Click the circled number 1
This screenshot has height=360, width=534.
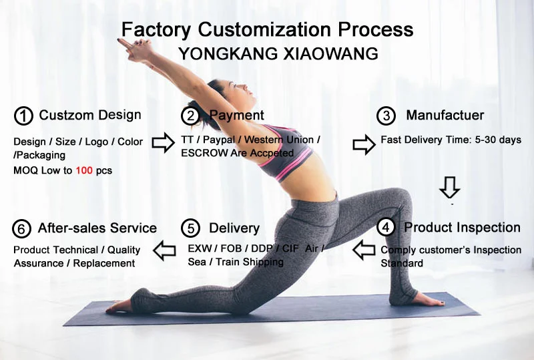pos(23,116)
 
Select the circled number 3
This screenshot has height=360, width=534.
pos(386,116)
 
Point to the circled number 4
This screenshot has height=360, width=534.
pos(386,227)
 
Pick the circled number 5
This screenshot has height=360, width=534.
pos(191,228)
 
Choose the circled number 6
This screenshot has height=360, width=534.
pos(22,228)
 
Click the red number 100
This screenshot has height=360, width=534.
pos(83,170)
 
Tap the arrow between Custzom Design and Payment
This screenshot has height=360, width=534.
pos(162,142)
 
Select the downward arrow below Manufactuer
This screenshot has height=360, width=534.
pos(449,186)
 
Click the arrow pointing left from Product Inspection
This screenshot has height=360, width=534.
pos(364,250)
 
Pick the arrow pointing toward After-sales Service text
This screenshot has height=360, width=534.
pos(164,251)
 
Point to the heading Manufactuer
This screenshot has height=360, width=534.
pos(445,116)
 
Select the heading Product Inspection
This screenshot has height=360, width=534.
pos(462,227)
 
